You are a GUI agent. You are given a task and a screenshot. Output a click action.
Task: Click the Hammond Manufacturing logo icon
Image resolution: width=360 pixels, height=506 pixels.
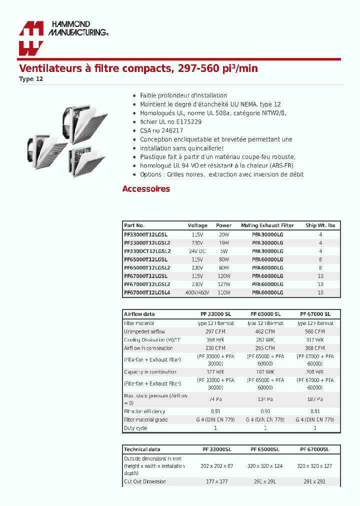point(31,38)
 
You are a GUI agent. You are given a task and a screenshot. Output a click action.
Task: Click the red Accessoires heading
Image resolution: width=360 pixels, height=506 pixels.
point(146,189)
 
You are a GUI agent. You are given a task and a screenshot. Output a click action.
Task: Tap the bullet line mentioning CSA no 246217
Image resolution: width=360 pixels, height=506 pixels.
point(161,130)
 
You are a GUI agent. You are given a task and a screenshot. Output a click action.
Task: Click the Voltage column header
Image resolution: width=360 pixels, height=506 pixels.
point(197,225)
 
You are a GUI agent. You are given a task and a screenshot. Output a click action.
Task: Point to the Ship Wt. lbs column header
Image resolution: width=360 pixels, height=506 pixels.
point(320,225)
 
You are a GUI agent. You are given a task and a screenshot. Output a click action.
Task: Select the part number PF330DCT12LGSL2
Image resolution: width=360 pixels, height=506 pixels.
point(147,251)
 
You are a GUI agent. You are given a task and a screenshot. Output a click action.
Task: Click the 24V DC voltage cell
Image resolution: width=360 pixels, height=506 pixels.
point(197,251)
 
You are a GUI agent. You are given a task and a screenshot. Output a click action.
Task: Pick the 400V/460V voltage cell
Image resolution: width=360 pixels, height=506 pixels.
point(197,292)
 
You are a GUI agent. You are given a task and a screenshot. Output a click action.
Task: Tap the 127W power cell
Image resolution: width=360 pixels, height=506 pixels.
point(224,284)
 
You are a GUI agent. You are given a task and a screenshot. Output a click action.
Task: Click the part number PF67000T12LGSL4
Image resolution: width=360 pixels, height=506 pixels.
point(147,292)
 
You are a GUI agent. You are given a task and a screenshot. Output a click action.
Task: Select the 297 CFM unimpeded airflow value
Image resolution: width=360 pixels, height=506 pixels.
point(215,331)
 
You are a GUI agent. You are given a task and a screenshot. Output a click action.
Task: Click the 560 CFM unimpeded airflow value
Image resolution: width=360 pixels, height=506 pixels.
point(315,331)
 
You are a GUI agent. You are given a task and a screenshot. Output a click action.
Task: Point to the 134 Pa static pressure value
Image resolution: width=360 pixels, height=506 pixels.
point(265,399)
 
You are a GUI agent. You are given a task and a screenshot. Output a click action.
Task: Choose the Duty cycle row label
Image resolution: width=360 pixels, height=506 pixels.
point(135,428)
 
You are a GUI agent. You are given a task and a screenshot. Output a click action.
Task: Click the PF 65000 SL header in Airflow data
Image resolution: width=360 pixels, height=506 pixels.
point(265,314)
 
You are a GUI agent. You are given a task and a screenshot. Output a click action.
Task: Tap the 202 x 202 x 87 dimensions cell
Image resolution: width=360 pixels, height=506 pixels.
point(216,466)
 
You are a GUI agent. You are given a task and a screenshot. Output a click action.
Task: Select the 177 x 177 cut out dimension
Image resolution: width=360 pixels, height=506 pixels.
point(216,481)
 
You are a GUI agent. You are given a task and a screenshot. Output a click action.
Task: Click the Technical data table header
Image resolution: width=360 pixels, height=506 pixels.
point(142,449)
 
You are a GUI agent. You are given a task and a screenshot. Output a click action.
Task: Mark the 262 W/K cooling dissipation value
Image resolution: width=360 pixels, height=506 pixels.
point(265,340)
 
